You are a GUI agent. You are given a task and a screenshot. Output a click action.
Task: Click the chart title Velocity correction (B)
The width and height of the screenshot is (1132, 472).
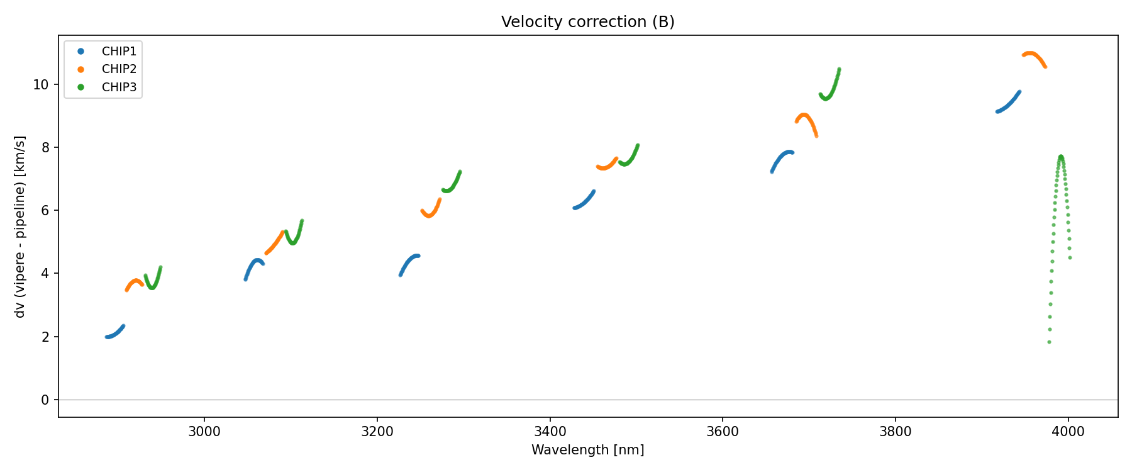coord(587,22)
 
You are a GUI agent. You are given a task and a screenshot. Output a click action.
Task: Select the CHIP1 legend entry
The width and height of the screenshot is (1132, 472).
coord(119,51)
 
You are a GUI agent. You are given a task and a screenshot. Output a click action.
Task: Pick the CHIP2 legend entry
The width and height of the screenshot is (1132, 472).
coord(119,69)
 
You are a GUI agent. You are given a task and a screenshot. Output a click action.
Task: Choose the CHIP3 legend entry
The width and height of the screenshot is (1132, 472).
coord(119,87)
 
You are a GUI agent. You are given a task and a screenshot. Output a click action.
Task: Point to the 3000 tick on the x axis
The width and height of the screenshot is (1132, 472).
coord(204,432)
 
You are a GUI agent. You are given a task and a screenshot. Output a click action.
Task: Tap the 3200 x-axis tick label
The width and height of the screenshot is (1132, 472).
coord(377,432)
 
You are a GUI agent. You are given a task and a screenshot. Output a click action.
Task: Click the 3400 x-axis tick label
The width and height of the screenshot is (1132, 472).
coord(550,432)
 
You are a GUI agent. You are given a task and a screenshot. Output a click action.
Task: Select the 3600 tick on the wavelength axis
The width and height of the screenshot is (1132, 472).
coord(723,432)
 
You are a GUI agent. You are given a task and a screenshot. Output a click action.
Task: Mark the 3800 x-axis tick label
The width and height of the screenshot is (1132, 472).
coord(895,432)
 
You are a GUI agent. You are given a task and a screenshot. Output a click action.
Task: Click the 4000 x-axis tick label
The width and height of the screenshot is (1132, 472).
coord(1068,432)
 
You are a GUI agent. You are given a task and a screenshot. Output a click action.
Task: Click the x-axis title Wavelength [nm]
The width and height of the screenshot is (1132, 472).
coord(587,450)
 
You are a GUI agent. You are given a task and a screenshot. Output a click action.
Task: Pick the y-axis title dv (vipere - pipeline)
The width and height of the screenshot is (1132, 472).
coord(20,227)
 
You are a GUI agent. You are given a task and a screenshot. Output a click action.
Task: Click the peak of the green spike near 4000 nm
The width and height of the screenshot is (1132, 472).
coord(1061,156)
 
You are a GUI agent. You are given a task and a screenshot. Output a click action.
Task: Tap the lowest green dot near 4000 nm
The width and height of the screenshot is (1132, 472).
coord(1049,342)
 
